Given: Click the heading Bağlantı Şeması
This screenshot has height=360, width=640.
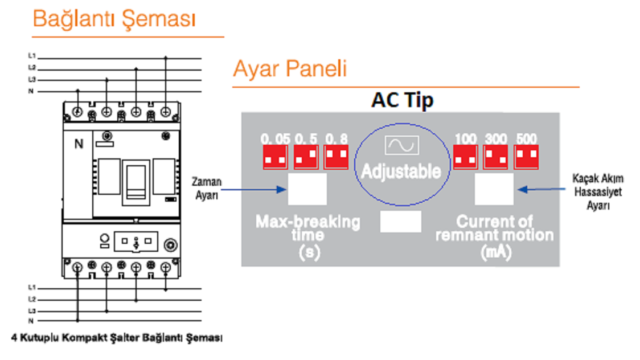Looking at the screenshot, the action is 114,19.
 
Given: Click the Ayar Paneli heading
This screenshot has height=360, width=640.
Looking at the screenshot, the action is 290,68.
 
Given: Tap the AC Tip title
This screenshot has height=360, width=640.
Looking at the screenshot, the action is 402,100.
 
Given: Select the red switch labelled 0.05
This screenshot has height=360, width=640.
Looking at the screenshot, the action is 275,157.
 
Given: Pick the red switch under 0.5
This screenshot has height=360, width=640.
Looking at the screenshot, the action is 306,157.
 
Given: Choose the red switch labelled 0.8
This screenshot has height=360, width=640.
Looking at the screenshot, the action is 336,157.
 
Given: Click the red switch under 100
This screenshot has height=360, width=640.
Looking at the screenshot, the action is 465,157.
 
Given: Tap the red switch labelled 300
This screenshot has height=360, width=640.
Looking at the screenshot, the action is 495,157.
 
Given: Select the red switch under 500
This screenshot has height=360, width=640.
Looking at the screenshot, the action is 526,157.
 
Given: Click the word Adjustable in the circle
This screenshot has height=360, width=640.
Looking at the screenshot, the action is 401,171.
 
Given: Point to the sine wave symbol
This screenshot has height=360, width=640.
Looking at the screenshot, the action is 401,145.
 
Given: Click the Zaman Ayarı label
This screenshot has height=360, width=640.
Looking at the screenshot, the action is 207,188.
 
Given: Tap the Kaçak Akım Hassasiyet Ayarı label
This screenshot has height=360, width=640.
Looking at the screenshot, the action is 598,191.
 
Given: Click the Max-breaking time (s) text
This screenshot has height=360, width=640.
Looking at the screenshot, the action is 308,237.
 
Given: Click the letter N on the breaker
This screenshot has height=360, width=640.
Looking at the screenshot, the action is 79,144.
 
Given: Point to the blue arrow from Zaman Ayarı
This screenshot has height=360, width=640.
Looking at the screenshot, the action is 253,189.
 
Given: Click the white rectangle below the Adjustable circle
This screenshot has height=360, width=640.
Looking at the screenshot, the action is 401,222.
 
